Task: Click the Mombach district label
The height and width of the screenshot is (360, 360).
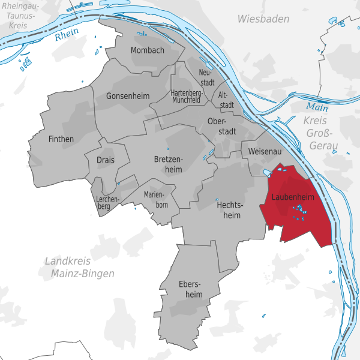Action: pyautogui.click(x=147, y=50)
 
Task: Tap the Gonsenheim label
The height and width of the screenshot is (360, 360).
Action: pyautogui.click(x=127, y=96)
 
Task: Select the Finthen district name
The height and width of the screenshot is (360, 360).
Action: pyautogui.click(x=60, y=139)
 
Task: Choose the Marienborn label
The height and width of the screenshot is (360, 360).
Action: pyautogui.click(x=156, y=200)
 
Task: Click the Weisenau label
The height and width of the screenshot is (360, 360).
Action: pyautogui.click(x=264, y=152)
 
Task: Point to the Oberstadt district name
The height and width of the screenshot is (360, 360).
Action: pyautogui.click(x=221, y=127)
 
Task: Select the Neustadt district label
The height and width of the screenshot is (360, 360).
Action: pyautogui.click(x=206, y=77)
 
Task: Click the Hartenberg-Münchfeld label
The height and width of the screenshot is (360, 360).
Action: pyautogui.click(x=185, y=97)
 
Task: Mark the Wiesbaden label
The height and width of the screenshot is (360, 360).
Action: pyautogui.click(x=263, y=19)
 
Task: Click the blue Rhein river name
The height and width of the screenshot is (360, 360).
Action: pyautogui.click(x=67, y=36)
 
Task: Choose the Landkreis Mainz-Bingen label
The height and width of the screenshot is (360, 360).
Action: pyautogui.click(x=79, y=267)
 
